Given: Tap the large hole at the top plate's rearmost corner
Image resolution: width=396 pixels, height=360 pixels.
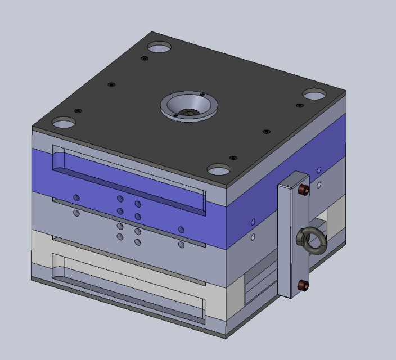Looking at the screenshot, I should click(x=159, y=47).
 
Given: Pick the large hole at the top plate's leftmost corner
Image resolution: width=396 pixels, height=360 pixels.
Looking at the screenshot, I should click(x=64, y=121).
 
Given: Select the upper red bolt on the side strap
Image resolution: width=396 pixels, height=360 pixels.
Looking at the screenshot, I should click(x=304, y=190).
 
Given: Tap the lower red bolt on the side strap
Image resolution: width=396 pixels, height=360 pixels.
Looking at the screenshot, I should click(x=303, y=286).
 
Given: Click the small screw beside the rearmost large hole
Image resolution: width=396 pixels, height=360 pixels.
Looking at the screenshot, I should click(x=145, y=58).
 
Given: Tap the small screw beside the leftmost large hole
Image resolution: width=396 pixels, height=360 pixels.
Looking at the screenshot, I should click(x=77, y=111).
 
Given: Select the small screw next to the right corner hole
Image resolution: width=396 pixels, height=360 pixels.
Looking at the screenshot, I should click(x=299, y=105).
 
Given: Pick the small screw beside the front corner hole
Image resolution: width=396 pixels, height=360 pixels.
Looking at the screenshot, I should click(x=232, y=158).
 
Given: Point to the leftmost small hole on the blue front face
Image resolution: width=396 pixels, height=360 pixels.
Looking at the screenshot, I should click(x=76, y=197).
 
